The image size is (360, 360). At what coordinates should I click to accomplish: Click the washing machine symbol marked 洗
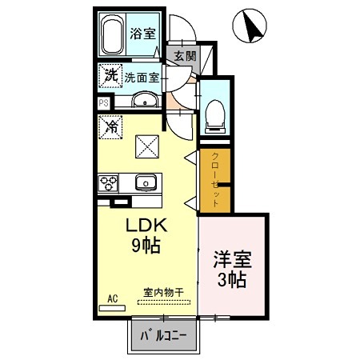110,77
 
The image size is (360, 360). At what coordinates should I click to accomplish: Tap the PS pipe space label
103,102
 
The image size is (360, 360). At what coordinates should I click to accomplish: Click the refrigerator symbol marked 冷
111,126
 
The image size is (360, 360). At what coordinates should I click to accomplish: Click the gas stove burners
108,182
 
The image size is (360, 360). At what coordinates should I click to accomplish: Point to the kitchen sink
145,182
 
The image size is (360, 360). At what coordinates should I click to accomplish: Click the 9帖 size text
145,246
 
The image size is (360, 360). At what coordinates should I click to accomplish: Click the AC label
112,298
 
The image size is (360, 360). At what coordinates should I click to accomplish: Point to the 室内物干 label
163,292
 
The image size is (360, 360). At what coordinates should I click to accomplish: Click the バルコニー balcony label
163,334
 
